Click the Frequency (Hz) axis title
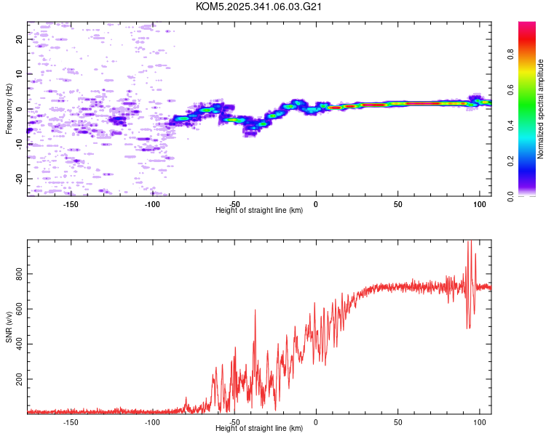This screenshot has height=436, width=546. point(9,109)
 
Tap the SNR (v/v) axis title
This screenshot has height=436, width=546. point(9,327)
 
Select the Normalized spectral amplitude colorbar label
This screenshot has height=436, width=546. point(542,109)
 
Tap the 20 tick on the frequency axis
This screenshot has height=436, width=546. point(20,39)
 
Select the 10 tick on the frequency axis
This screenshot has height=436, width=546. point(20,74)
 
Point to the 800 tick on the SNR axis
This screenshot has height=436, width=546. point(17,274)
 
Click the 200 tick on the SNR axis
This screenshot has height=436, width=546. point(17,380)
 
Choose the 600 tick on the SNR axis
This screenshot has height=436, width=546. point(17,310)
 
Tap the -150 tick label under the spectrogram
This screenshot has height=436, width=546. point(71,204)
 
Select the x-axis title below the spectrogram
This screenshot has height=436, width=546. point(259,211)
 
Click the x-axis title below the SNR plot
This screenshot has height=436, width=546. point(259,429)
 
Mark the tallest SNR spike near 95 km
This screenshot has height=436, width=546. point(470,243)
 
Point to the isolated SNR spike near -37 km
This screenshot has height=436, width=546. point(256,311)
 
